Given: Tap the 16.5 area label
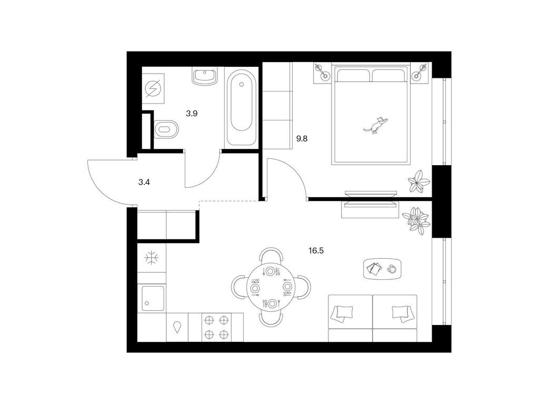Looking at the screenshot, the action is point(316,251).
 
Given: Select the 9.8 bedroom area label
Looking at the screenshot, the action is point(302,139).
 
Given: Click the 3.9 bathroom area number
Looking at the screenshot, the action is point(192,114).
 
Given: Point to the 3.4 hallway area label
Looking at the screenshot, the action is point(144,183).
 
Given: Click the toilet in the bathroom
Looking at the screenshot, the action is point(166,129).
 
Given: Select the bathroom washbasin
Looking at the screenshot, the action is point(205,76).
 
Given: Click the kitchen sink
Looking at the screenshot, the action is point(153,298).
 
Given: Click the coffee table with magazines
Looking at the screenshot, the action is point(382,269).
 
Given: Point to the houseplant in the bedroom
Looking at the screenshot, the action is point(418,181).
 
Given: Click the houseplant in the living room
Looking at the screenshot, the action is point(416,220).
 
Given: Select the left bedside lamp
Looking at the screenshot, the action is point(323,72).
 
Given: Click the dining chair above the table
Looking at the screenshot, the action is point(271,256).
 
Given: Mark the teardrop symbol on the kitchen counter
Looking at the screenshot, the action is point(177,327).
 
